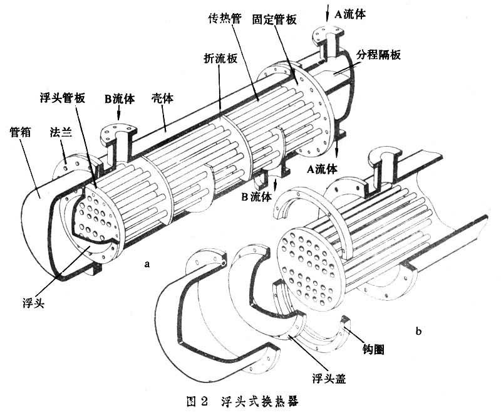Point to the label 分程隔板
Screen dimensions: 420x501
[378, 55]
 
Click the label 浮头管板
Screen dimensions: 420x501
[59, 95]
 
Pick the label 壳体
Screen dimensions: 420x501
[163, 98]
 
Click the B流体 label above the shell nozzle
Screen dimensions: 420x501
[118, 98]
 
